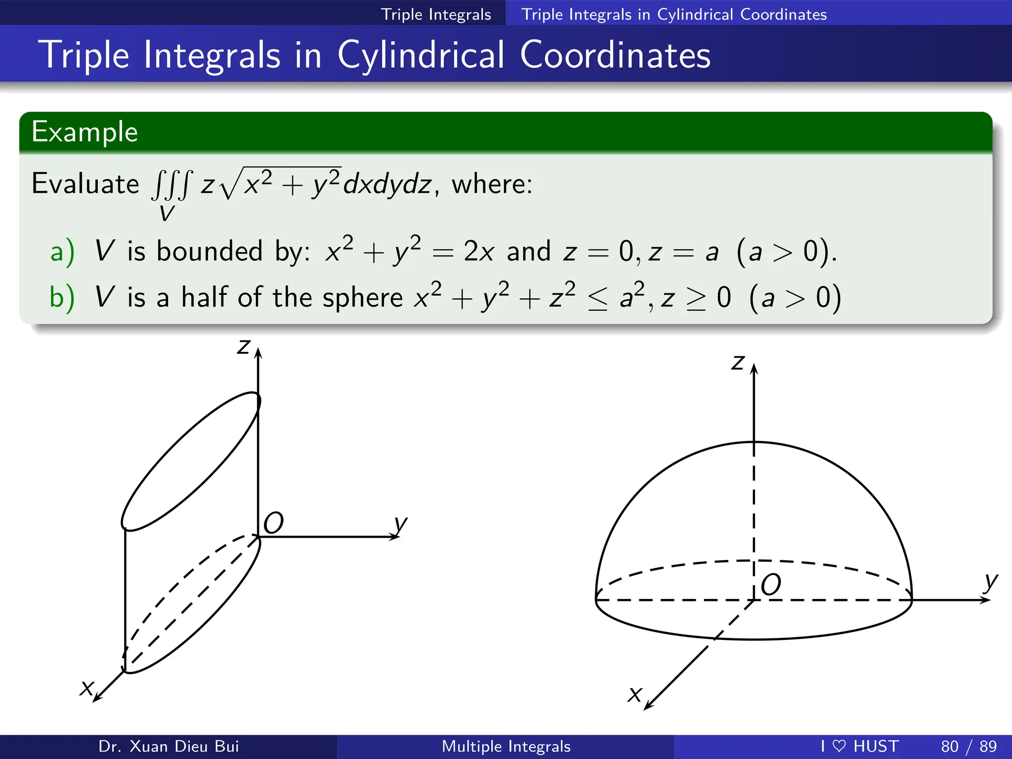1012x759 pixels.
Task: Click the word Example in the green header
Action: (x=84, y=132)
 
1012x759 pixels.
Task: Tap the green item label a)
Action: (x=62, y=251)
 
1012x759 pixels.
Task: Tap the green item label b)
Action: (x=62, y=297)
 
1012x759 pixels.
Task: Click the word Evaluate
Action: (x=85, y=184)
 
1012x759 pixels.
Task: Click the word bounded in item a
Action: (x=209, y=251)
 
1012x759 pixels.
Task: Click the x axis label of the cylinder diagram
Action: (x=87, y=687)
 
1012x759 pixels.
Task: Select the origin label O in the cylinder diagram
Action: (x=273, y=523)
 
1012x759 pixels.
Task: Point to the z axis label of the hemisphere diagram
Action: (x=738, y=362)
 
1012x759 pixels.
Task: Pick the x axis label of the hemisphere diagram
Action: (x=634, y=694)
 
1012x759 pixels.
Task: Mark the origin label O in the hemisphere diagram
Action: (x=770, y=585)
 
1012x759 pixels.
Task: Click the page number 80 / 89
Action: (x=969, y=746)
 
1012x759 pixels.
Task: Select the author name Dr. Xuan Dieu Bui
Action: (x=169, y=746)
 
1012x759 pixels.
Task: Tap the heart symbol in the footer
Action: (x=839, y=746)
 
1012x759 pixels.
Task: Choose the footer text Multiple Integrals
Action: (x=506, y=746)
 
